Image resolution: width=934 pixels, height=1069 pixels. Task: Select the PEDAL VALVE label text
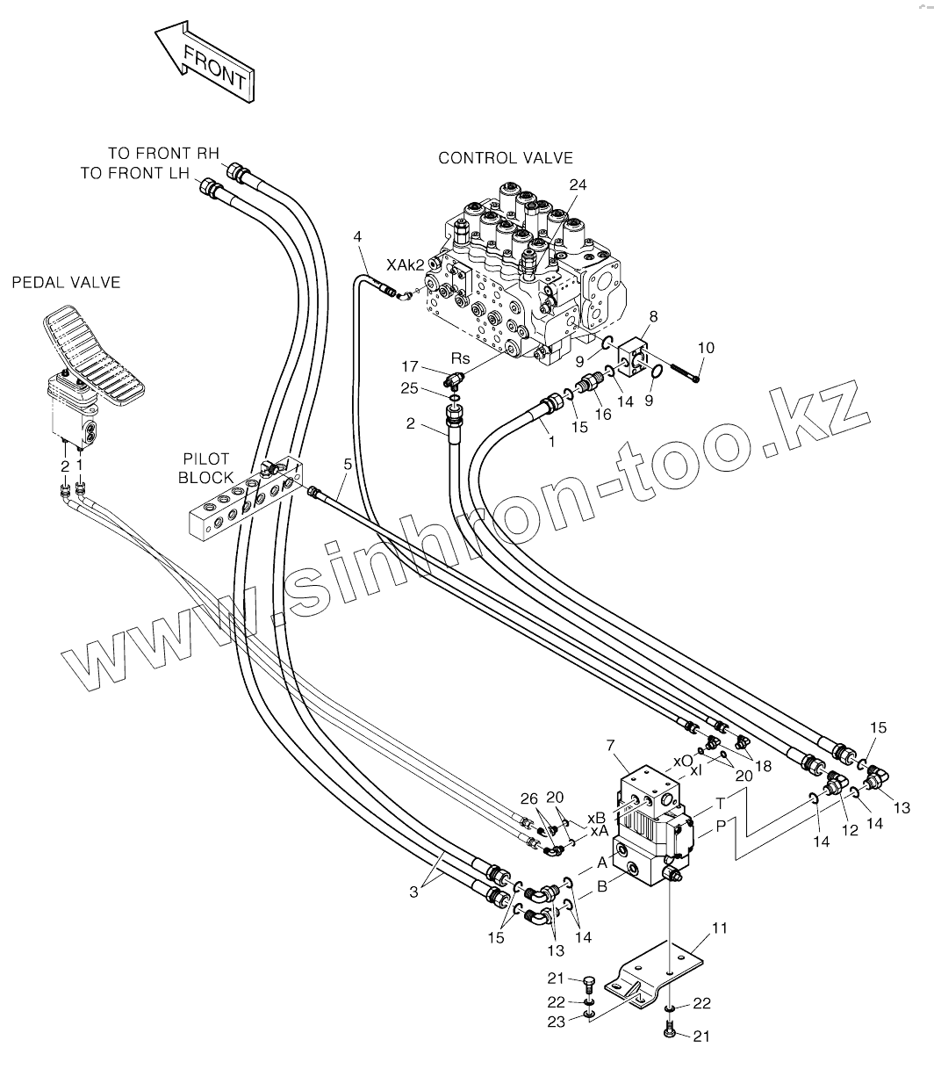point(66,282)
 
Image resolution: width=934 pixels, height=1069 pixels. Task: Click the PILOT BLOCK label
point(206,468)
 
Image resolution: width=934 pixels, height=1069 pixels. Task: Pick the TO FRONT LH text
point(134,173)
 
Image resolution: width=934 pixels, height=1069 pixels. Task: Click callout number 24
point(577,185)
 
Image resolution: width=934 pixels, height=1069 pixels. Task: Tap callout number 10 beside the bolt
point(706,349)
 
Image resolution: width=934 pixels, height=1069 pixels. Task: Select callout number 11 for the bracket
point(720,928)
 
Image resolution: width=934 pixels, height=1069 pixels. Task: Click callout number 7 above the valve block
point(609,746)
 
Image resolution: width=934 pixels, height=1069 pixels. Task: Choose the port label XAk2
point(406,264)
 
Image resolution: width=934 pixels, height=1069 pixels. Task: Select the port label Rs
point(460,358)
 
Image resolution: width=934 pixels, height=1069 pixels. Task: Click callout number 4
point(357,236)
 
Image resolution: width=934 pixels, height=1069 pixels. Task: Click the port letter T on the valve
point(720,803)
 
